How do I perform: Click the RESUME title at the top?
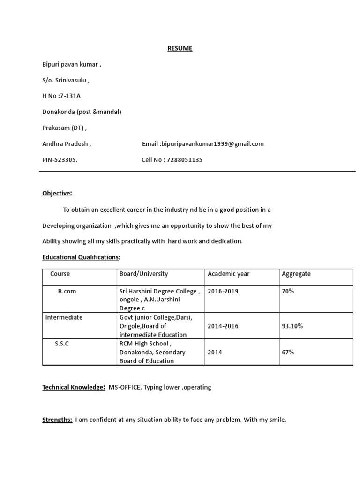click(180, 48)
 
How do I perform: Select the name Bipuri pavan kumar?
click(72, 64)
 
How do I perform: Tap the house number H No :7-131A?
click(64, 96)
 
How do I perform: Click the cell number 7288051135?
click(185, 160)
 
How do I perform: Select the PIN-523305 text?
click(60, 160)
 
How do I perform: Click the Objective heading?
click(57, 193)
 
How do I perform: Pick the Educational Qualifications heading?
click(81, 257)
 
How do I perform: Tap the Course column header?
click(60, 274)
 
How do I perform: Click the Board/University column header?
click(144, 274)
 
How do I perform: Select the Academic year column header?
click(229, 274)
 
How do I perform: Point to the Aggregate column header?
click(296, 274)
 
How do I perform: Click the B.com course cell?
click(67, 291)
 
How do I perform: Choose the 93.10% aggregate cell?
click(292, 326)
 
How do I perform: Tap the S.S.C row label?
click(62, 344)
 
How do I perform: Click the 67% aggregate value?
click(288, 352)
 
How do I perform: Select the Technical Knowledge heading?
click(74, 387)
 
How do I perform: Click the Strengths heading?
click(57, 420)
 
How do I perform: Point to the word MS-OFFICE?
click(124, 387)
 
